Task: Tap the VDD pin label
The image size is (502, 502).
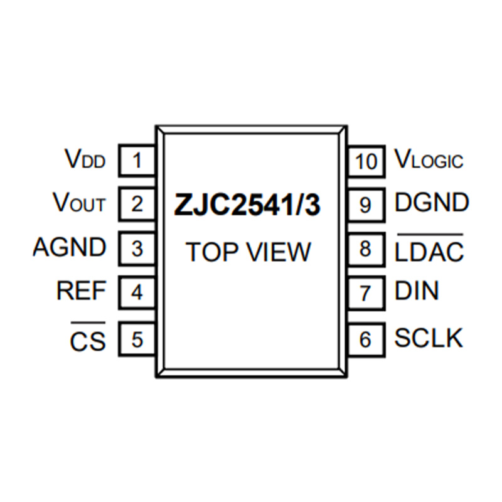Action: pos(85,159)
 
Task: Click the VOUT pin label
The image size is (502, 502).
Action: pos(79,202)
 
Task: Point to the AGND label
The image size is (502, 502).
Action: pos(69,247)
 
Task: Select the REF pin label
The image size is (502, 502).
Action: pos(81,291)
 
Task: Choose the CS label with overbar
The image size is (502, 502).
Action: pos(88,337)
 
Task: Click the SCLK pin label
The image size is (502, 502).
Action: pos(429,338)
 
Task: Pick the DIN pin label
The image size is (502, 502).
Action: pos(417,291)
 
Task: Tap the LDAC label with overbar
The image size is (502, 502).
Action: pos(429,248)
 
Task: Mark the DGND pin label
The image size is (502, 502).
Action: pos(432,202)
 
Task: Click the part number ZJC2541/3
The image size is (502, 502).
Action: pos(247,205)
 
